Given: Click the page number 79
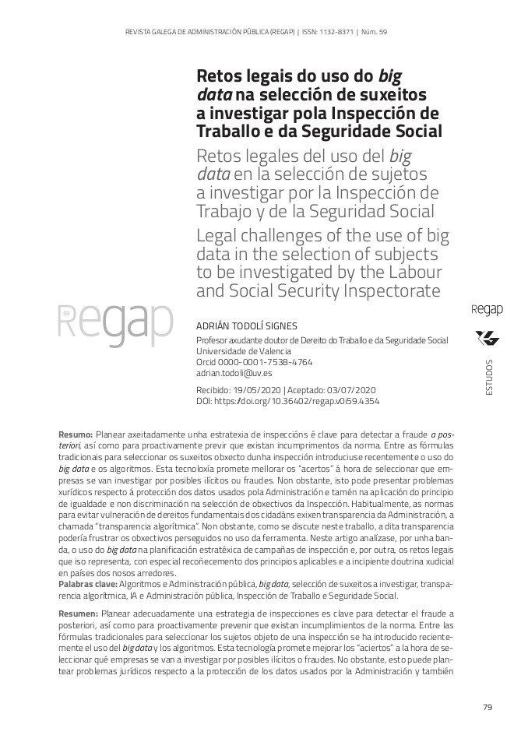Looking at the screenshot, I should [488, 707].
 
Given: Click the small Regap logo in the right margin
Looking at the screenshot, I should [488, 310].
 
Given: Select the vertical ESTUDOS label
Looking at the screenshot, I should [488, 378].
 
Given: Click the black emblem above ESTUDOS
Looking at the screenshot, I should [488, 338].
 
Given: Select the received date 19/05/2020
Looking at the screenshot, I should [256, 390].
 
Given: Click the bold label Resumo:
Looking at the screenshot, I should [76, 432].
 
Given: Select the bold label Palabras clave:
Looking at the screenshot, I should [87, 584].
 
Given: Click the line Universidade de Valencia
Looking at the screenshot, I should [238, 352].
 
